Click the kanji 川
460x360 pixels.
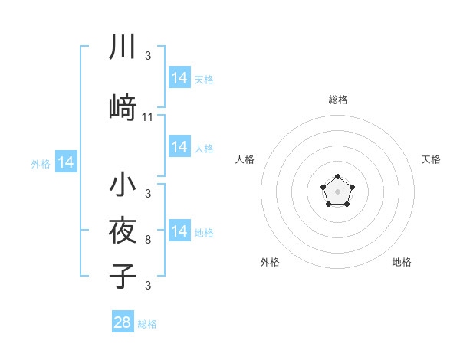pyautogui.click(x=122, y=47)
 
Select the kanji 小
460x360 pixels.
pyautogui.click(x=122, y=185)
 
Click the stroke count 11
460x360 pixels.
pyautogui.click(x=148, y=117)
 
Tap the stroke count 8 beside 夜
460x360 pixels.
pyautogui.click(x=148, y=240)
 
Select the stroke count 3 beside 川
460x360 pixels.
pyautogui.click(x=148, y=56)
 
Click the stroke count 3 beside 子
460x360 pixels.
pyautogui.click(x=148, y=286)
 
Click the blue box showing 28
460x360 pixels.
pyautogui.click(x=123, y=322)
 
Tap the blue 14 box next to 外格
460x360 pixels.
pyautogui.click(x=66, y=162)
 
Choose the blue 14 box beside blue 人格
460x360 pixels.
pyautogui.click(x=179, y=147)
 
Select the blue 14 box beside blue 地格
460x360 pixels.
pyautogui.click(x=179, y=231)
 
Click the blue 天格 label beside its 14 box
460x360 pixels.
pyautogui.click(x=204, y=79)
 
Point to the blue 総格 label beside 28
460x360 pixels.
pyautogui.click(x=147, y=324)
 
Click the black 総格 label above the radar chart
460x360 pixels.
pyautogui.click(x=337, y=100)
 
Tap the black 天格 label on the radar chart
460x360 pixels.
pyautogui.click(x=431, y=159)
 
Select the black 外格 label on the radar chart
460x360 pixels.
pyautogui.click(x=270, y=262)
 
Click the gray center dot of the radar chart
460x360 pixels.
pyautogui.click(x=337, y=191)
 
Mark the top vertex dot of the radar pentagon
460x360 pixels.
pyautogui.click(x=337, y=177)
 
